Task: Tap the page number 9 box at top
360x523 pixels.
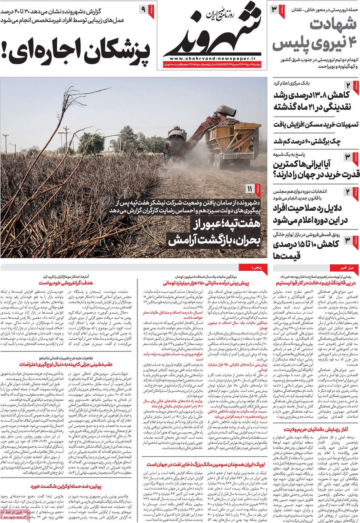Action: (x=143, y=10)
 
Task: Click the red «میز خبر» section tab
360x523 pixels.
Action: (x=343, y=268)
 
